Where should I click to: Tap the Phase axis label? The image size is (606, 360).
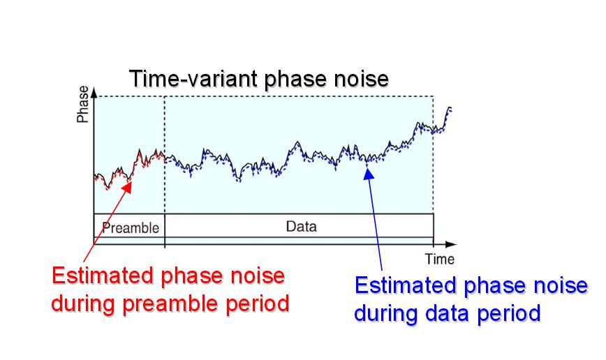click(82, 104)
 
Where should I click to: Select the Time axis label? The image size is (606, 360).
click(440, 259)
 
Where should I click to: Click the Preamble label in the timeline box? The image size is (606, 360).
click(131, 228)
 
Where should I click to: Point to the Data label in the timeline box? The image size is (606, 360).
click(302, 226)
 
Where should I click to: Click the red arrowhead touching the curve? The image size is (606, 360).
click(127, 186)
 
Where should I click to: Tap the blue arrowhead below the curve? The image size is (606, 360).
click(369, 174)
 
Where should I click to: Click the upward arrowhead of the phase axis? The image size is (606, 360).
click(94, 92)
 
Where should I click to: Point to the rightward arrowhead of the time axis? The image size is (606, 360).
click(451, 244)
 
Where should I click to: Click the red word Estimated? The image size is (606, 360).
click(103, 276)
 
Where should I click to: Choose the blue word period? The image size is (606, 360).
click(508, 314)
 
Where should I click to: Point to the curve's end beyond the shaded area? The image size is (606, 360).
click(450, 108)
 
